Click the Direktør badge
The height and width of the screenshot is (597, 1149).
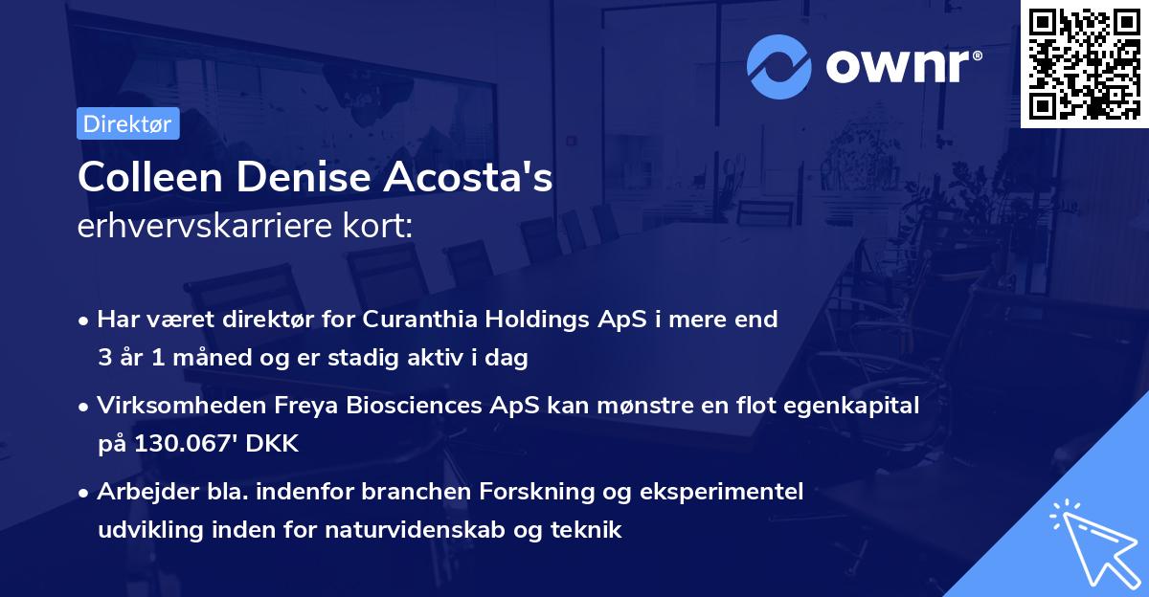(x=127, y=123)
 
